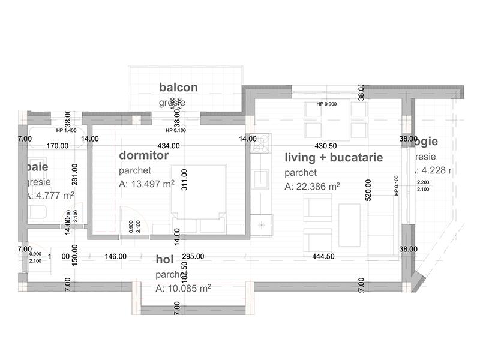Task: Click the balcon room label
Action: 178,88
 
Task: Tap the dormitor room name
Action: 144,155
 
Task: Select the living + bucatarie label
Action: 334,158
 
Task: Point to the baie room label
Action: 37,166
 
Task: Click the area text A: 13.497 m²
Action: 146,184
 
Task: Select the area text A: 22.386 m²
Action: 313,187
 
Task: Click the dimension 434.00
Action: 168,146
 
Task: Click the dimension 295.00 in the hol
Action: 194,256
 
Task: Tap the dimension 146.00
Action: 115,256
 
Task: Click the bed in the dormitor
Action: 197,195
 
